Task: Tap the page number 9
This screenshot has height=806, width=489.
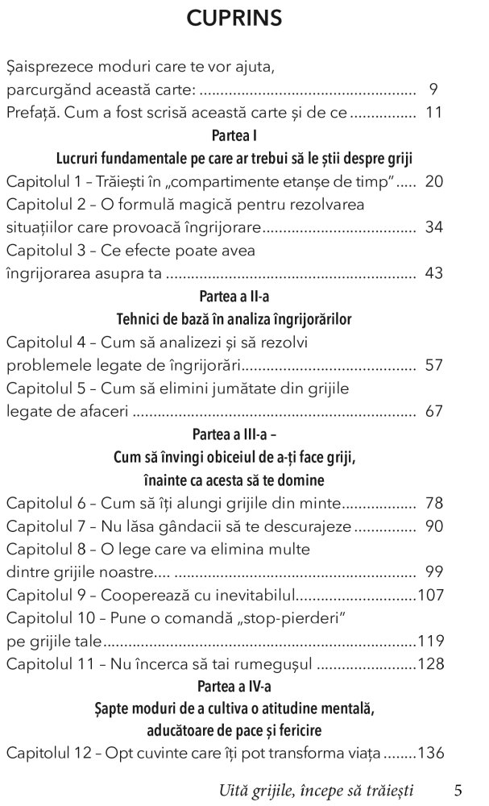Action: pyautogui.click(x=433, y=89)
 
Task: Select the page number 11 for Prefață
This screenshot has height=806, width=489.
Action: pyautogui.click(x=433, y=112)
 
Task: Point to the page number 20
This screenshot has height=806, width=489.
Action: pyautogui.click(x=433, y=181)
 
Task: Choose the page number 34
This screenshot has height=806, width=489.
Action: pyautogui.click(x=433, y=227)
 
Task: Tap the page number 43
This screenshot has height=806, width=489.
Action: pyautogui.click(x=433, y=273)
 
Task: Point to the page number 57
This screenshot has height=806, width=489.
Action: pyautogui.click(x=433, y=366)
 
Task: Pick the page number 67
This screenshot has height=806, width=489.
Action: pyautogui.click(x=433, y=412)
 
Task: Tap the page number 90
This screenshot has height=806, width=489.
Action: pyautogui.click(x=433, y=526)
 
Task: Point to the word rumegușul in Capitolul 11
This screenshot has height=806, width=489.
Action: pyautogui.click(x=269, y=665)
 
